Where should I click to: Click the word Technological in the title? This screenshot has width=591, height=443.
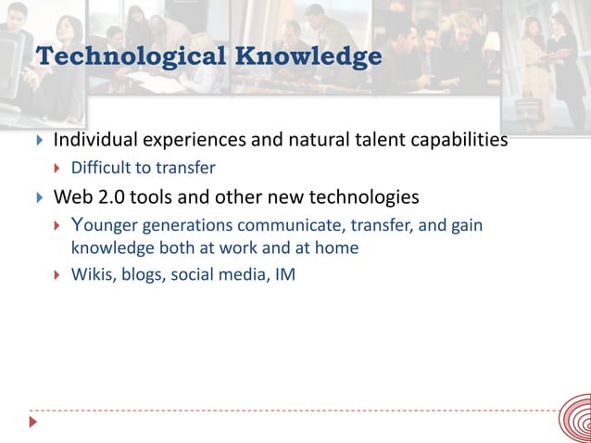128,57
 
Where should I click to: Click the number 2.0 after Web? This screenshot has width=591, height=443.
113,197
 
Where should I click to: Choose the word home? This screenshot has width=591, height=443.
338,248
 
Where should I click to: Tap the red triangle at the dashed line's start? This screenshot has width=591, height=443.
34,423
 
